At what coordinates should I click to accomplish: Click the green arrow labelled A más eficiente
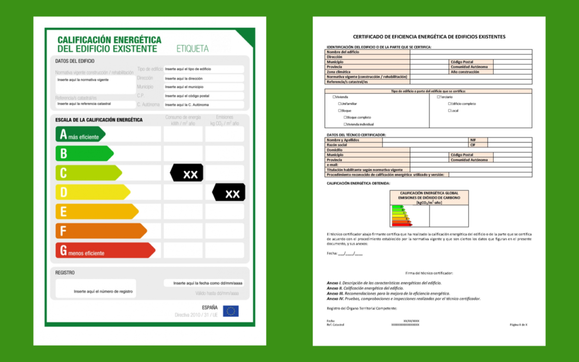[x=80, y=134]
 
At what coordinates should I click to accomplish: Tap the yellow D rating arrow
[x=92, y=192]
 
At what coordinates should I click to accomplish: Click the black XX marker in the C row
[x=187, y=173]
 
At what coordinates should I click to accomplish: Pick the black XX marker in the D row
[x=229, y=192]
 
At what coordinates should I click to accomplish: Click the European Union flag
[x=231, y=311]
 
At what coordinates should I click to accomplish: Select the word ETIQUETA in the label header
[x=193, y=48]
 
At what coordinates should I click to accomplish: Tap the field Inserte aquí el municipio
[x=203, y=87]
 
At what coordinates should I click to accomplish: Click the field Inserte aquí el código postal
[x=203, y=96]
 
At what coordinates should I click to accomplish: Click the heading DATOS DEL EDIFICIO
[x=75, y=61]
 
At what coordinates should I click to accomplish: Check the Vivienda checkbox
[x=334, y=97]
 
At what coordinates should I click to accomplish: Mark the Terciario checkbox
[x=439, y=97]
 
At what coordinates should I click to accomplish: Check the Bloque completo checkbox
[x=345, y=117]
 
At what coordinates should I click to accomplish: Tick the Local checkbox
[x=449, y=111]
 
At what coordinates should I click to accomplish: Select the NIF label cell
[x=473, y=140]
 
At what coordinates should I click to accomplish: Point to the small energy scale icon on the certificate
[x=401, y=216]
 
